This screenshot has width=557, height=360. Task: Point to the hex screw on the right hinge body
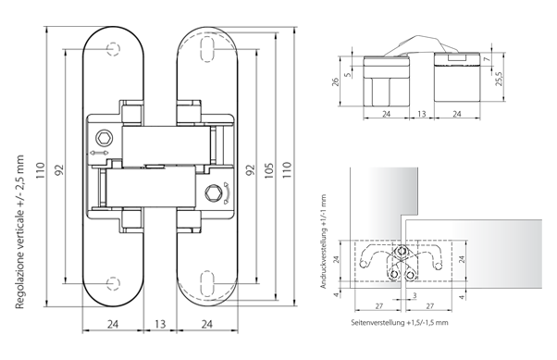pos(215,192)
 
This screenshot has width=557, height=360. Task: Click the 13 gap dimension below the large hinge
pos(159,323)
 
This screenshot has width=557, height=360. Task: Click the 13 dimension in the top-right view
pos(420,116)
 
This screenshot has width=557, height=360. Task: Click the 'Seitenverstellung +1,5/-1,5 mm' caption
pos(399,321)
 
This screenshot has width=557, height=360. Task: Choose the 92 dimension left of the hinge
pos(56,171)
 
